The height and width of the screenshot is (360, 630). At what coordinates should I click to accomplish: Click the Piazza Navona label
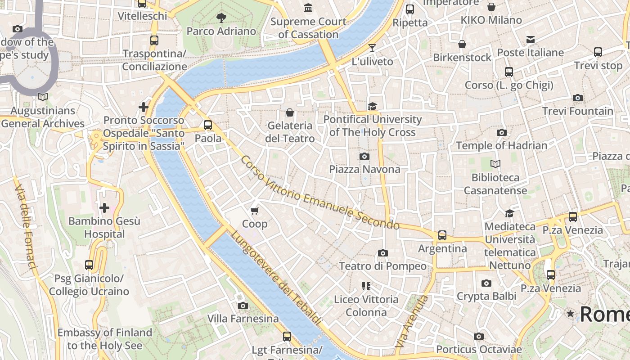364,169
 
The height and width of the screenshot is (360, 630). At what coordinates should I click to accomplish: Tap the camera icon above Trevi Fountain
578,98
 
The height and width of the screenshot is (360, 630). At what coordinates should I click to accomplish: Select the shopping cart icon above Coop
255,211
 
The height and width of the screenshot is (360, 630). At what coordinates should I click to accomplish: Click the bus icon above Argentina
442,235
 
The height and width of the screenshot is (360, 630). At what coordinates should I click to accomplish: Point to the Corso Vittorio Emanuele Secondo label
319,193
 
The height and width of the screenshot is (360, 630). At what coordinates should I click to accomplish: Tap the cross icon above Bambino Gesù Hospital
104,208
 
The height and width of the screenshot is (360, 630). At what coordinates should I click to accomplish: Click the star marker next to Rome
571,313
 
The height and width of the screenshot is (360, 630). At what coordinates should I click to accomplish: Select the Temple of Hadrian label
502,145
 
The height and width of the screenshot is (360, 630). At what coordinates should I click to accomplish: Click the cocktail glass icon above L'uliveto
372,48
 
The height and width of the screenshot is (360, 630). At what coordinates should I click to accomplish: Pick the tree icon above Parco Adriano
221,18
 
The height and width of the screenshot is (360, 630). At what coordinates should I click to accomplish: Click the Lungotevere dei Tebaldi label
276,278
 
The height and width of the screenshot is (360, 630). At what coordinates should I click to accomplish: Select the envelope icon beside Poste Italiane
531,40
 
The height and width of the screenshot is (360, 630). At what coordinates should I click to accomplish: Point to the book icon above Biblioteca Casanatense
495,164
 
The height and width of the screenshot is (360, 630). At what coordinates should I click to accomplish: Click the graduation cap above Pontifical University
372,106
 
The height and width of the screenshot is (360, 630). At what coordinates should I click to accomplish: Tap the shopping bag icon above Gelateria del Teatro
290,112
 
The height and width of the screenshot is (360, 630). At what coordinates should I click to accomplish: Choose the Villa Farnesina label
243,319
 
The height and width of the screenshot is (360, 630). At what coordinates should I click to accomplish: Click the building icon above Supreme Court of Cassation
308,8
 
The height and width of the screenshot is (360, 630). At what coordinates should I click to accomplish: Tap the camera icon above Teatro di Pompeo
383,253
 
